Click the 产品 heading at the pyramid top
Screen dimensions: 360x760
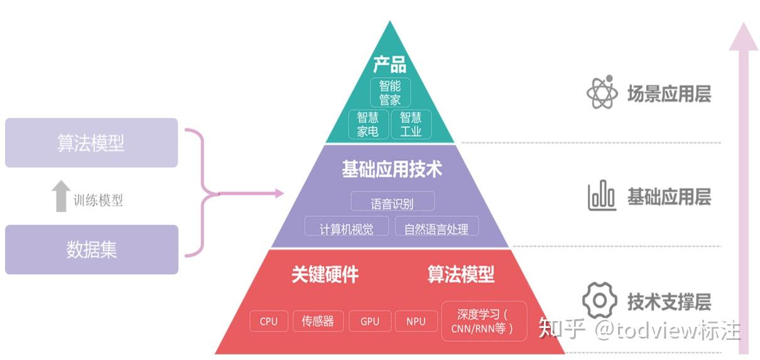coord(389,64)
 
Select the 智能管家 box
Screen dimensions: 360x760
coord(389,92)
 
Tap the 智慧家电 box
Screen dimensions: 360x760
coord(368,124)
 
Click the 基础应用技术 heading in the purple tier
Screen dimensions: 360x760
coord(391,169)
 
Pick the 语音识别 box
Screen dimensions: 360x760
coord(392,202)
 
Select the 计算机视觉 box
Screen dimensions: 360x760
coord(346,228)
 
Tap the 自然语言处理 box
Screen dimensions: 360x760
coord(436,228)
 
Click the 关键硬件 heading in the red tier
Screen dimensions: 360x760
coord(325,275)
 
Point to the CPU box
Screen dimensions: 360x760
coord(268,321)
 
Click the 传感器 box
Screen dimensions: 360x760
coord(318,321)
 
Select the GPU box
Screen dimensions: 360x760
coord(370,321)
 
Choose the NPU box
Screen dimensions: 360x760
coord(416,321)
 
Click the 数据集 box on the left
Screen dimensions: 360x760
coord(92,249)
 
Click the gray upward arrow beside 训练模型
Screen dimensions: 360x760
coord(61,195)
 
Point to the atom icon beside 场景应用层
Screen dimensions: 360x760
coord(602,92)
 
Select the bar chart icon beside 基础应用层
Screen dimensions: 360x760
coord(602,197)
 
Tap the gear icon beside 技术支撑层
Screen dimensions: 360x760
coord(600,301)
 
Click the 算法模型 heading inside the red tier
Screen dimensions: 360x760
coord(461,275)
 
